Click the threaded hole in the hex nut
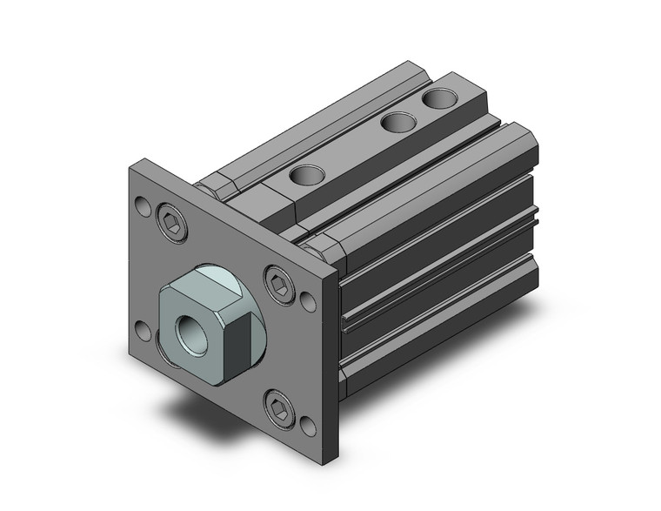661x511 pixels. tap(190, 332)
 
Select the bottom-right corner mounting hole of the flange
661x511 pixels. tap(309, 427)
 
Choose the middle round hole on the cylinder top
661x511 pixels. tap(398, 123)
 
